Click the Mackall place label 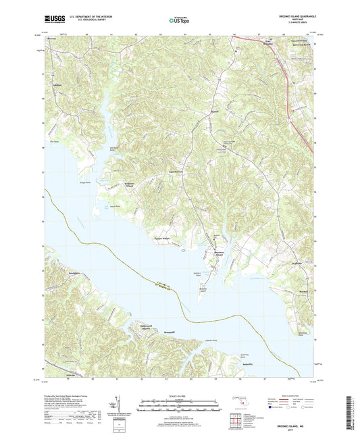coord(304,292)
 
